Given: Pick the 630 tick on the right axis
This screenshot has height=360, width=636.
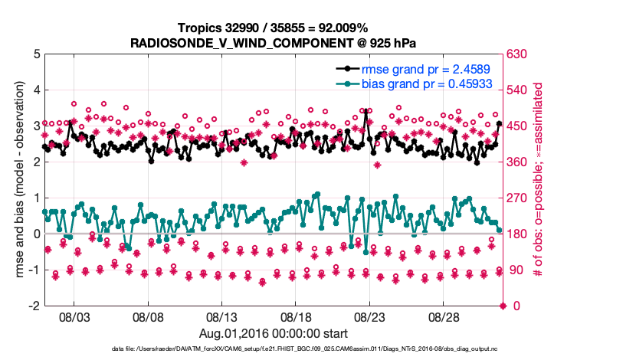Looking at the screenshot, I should point(516,54).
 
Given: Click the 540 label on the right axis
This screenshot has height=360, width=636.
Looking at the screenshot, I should point(516,90).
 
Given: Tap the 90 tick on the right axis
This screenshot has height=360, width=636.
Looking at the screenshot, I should point(513,270).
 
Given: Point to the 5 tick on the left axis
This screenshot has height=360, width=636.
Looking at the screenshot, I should point(37,54).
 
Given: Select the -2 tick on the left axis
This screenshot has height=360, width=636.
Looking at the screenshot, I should point(34,306).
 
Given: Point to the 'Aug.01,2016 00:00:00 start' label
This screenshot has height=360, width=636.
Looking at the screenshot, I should point(274,333).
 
